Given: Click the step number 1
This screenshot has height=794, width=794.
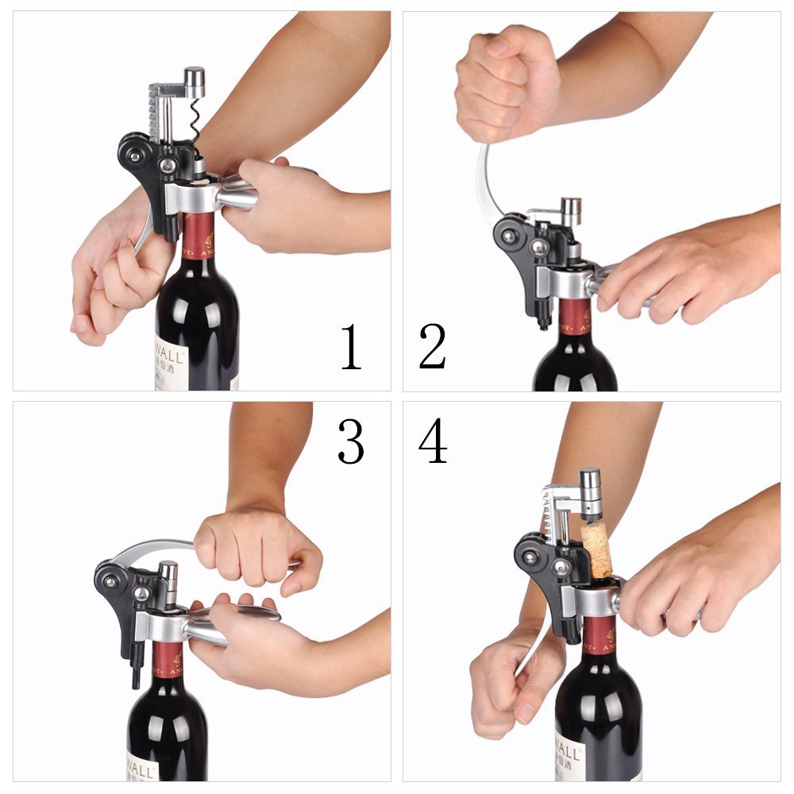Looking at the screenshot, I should [351, 347].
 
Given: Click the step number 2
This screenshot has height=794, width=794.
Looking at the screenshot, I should [433, 347].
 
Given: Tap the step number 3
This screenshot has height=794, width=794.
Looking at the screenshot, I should [351, 441].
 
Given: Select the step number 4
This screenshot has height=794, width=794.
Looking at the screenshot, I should [433, 441].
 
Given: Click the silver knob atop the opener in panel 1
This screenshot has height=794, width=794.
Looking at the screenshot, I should [194, 78].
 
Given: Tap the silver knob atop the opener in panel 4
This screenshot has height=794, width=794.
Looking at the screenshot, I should [589, 482].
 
